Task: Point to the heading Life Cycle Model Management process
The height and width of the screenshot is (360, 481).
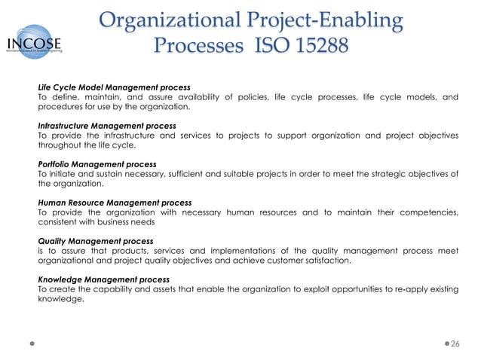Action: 114,87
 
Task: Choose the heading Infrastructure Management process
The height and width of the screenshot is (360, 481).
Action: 107,126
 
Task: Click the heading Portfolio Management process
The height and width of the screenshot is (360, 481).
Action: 97,164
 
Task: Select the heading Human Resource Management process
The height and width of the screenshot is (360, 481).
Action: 115,203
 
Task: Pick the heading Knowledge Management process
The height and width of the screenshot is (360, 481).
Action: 103,280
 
